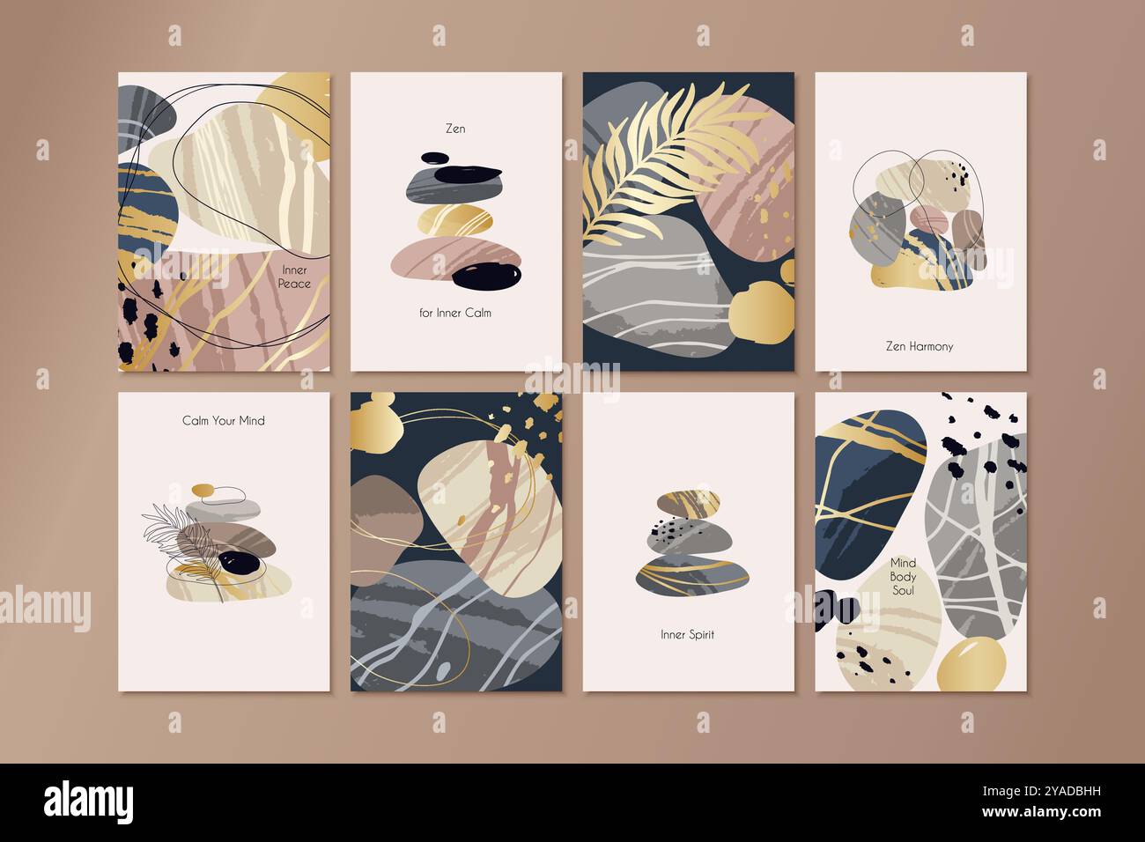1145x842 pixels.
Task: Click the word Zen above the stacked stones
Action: point(455,129)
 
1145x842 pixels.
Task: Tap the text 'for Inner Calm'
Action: point(455,313)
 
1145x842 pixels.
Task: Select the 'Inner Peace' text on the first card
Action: point(294,277)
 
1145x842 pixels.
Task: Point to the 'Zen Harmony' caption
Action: point(920,346)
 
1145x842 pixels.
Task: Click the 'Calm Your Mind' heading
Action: point(224,420)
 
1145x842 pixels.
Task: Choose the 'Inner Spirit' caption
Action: point(688,634)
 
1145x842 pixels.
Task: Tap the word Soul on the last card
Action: point(903,590)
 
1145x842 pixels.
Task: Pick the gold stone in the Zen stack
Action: point(455,220)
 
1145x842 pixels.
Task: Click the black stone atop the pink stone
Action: point(486,277)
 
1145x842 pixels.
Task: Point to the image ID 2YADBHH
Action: point(1042,791)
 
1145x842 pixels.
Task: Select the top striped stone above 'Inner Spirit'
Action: point(688,503)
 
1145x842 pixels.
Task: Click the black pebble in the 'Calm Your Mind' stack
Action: point(240,562)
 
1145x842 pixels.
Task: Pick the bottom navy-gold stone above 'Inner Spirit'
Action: point(692,576)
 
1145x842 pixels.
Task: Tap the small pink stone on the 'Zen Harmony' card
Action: point(929,218)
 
